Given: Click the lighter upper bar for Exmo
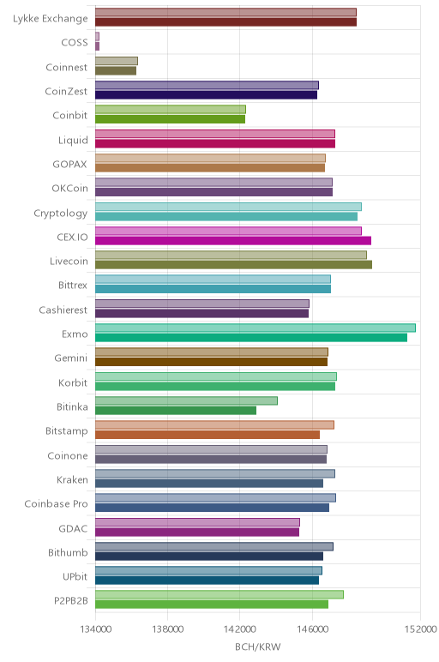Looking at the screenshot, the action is (x=256, y=328).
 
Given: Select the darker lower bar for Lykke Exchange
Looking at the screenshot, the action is (x=226, y=22).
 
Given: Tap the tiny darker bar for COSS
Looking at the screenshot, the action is (x=97, y=46).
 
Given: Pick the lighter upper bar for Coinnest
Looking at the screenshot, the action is (x=117, y=61).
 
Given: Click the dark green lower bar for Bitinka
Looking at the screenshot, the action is (x=176, y=411).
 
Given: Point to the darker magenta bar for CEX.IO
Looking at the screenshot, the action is (x=233, y=241).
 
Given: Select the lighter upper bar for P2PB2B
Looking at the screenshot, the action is (x=219, y=594).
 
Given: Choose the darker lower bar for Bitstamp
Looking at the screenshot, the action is (x=207, y=435).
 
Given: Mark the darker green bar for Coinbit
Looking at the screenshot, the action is (x=170, y=119).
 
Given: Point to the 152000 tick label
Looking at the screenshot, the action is (x=420, y=629).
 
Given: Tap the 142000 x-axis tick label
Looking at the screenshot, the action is (x=240, y=629).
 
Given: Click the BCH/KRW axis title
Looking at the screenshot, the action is (x=258, y=647).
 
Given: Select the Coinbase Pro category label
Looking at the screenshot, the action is (x=56, y=503).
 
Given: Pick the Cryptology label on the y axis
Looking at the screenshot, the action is (x=61, y=214).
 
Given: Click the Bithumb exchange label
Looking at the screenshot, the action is (x=68, y=552).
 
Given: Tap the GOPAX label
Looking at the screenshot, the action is (x=70, y=165).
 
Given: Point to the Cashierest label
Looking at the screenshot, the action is (x=63, y=310).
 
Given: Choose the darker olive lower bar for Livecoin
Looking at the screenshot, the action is (x=233, y=265).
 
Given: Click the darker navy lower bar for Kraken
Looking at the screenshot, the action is (x=209, y=483).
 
